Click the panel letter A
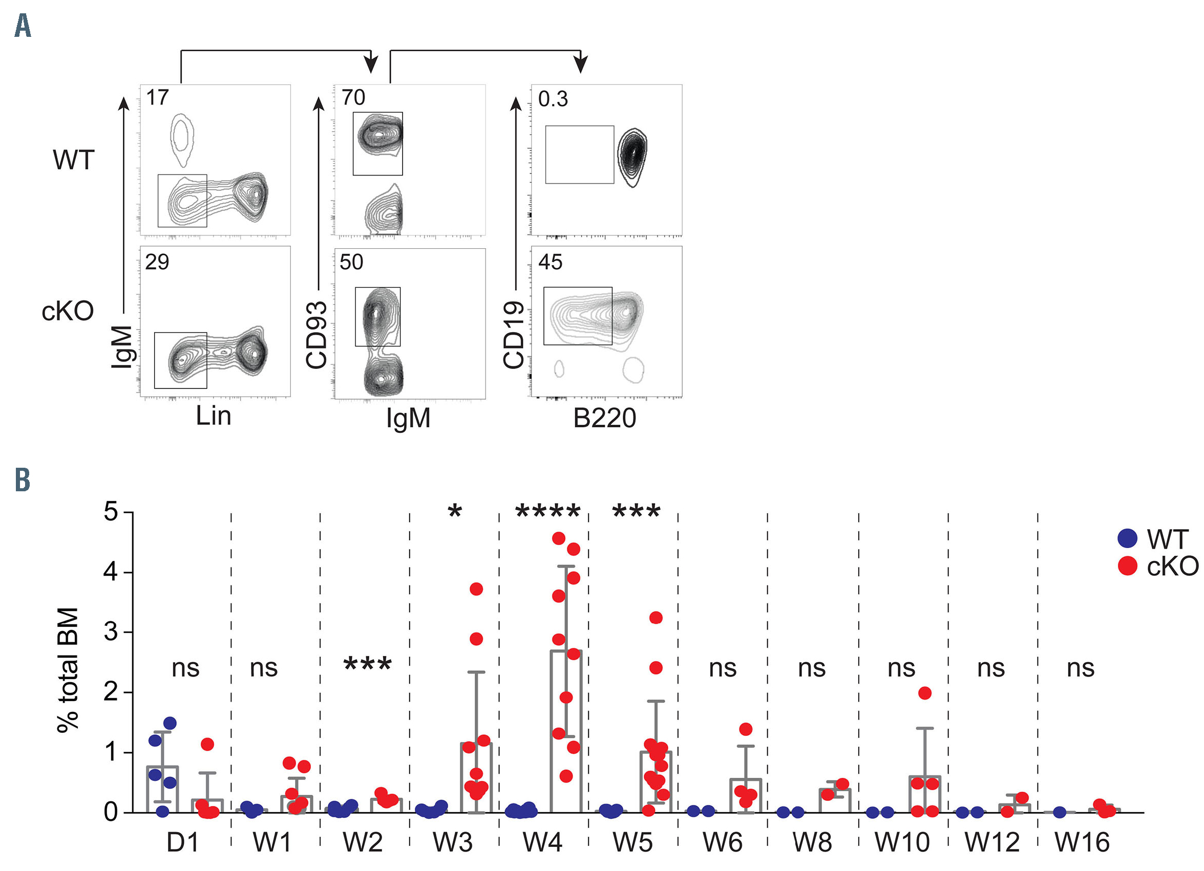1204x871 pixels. point(23,26)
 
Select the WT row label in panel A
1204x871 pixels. point(73,160)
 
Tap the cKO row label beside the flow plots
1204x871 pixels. point(68,311)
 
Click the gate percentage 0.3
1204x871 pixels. point(553,99)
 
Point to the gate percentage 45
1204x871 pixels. point(550,262)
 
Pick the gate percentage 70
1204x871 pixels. point(353,98)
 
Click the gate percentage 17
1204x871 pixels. point(157,98)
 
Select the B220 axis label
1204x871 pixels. point(604,418)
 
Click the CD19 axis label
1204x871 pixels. point(513,335)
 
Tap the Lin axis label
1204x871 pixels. point(214,416)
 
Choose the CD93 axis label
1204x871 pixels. point(316,335)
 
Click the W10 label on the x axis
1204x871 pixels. point(902,842)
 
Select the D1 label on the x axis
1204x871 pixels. point(183,842)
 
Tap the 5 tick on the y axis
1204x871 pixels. point(111,512)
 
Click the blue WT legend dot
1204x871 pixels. point(1127,538)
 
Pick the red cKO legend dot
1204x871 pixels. point(1127,566)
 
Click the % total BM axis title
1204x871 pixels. point(68,670)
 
